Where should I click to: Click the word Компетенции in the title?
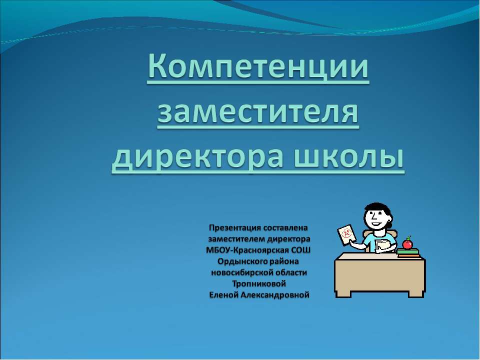pos(258,70)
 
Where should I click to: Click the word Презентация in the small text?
pos(237,228)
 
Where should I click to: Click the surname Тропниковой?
pos(258,283)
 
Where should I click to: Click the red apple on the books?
pos(407,243)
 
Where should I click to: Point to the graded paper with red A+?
pos(345,234)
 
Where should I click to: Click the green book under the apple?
pos(408,251)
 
